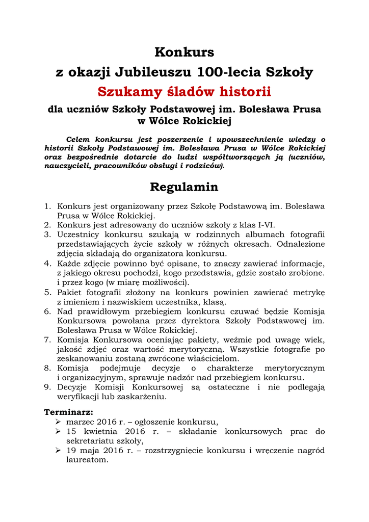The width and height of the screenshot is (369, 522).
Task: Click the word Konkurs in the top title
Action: (184, 52)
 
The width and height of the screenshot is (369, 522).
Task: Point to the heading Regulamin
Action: (184, 187)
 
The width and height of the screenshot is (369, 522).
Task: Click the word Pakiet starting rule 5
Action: (70, 293)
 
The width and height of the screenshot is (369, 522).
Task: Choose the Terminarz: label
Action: (69, 412)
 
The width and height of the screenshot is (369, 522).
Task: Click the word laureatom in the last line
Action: (87, 460)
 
